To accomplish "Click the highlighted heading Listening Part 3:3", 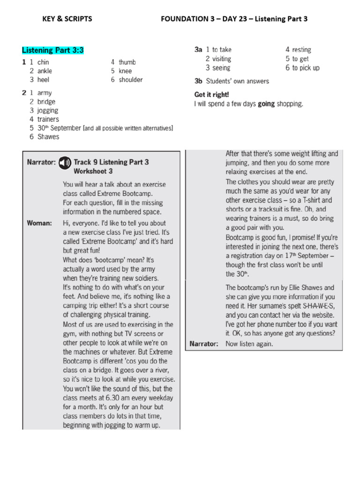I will tap(52, 50).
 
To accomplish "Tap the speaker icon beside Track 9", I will tap(64, 163).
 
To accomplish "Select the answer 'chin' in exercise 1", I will tap(43, 62).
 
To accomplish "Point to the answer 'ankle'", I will tap(45, 71).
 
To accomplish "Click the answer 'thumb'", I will tap(127, 62).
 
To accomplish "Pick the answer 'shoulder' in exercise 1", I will tap(131, 80).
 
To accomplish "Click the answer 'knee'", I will tap(125, 71).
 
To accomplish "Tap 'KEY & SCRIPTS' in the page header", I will tap(67, 19).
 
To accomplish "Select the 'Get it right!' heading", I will tap(211, 94).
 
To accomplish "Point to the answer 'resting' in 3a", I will tap(301, 50).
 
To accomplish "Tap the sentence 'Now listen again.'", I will tap(249, 344).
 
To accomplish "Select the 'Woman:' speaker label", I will tap(39, 223).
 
